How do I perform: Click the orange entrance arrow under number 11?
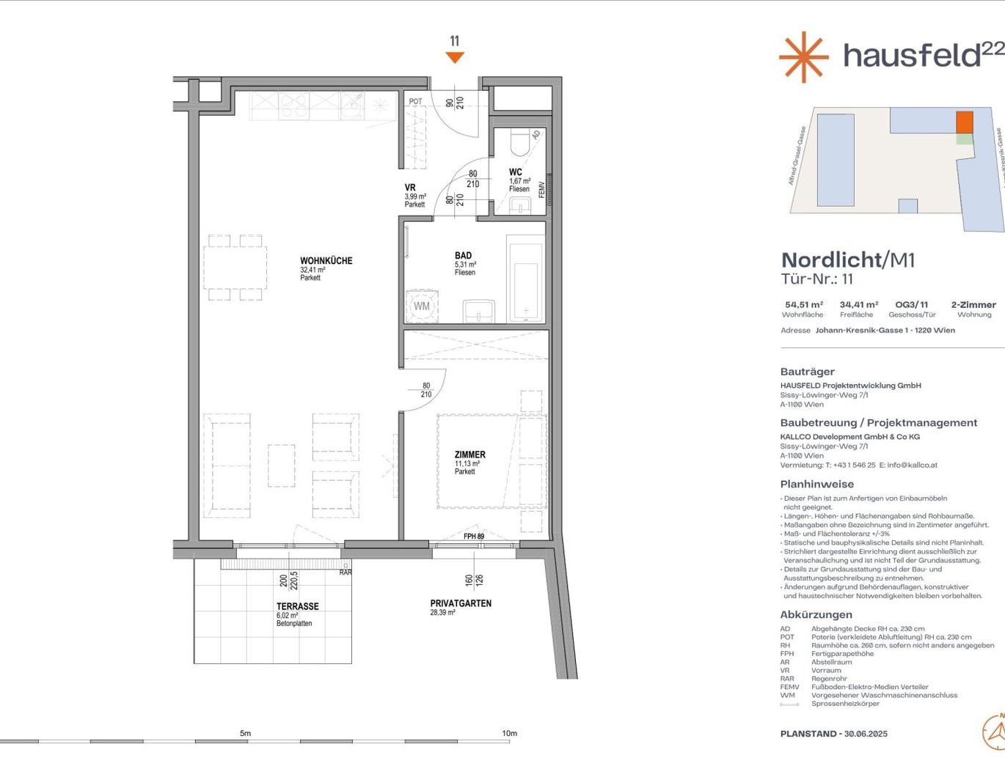[x=455, y=57]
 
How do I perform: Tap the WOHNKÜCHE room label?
[x=326, y=260]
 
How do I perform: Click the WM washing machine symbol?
[x=422, y=306]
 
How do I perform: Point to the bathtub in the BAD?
[x=525, y=279]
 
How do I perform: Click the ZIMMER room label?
[x=469, y=454]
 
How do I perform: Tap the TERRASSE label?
[x=297, y=606]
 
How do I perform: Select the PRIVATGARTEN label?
[x=461, y=603]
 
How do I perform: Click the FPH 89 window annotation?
[x=474, y=537]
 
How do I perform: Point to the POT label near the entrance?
[x=415, y=102]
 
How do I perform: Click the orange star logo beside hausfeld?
[x=803, y=56]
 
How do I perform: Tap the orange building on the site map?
[x=964, y=122]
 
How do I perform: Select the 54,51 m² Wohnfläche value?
[x=803, y=304]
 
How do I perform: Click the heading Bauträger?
[x=807, y=372]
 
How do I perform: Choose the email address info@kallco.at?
[x=912, y=465]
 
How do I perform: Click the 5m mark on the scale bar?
[x=245, y=734]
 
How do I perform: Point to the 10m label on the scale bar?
[x=509, y=733]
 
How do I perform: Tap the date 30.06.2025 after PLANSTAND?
[x=866, y=734]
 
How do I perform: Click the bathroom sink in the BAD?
[x=478, y=312]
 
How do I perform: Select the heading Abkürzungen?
[x=816, y=614]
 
